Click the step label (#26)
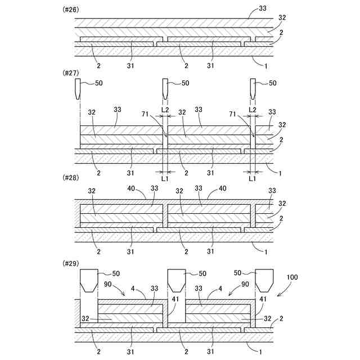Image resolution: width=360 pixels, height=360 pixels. [69, 10]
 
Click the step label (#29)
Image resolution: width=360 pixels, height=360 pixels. [69, 262]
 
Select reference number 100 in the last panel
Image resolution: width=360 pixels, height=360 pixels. [293, 278]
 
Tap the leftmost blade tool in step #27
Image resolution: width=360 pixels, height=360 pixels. [78, 88]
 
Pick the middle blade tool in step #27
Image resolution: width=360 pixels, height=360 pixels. [165, 88]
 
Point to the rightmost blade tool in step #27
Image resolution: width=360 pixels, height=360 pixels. [253, 88]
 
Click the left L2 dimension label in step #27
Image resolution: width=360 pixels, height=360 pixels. [165, 109]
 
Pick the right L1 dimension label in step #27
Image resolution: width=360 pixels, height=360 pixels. [253, 178]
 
